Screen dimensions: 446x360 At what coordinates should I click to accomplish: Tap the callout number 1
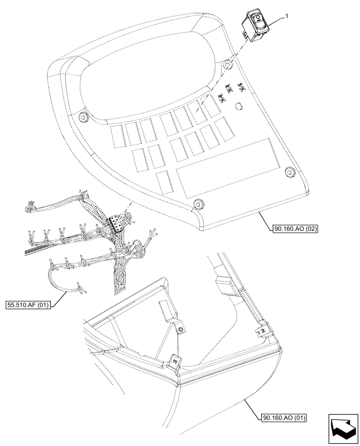pyautogui.click(x=287, y=17)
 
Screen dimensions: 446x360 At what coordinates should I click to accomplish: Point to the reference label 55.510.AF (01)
pyautogui.click(x=28, y=305)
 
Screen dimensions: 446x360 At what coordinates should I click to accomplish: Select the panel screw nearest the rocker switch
pyautogui.click(x=228, y=66)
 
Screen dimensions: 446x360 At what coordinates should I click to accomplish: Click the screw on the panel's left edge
pyautogui.click(x=82, y=118)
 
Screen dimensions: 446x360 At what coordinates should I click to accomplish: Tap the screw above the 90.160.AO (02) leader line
pyautogui.click(x=289, y=171)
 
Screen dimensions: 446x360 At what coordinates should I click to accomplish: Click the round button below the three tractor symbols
pyautogui.click(x=239, y=106)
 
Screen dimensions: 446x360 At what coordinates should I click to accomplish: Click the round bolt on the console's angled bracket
pyautogui.click(x=181, y=330)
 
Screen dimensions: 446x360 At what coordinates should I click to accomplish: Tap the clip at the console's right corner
pyautogui.click(x=263, y=330)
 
